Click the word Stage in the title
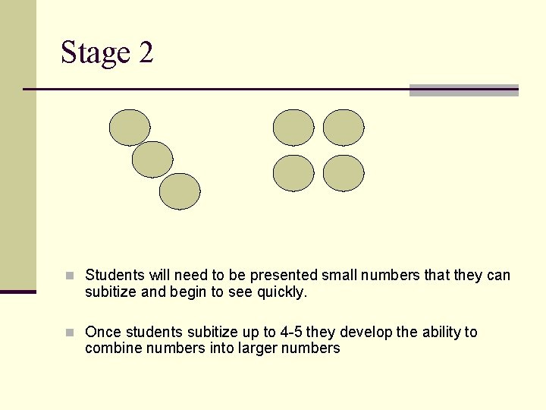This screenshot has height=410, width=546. click(x=95, y=53)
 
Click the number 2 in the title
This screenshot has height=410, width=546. click(x=146, y=53)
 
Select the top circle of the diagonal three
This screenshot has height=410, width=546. click(x=130, y=128)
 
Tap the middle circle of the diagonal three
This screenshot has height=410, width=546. click(x=152, y=159)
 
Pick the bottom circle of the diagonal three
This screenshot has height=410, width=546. click(x=180, y=191)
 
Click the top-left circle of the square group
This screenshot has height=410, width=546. click(x=293, y=128)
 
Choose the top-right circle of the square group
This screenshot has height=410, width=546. click(x=344, y=128)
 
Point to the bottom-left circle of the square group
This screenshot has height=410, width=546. click(x=293, y=173)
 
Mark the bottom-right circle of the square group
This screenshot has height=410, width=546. click(x=344, y=173)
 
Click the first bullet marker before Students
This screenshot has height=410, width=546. click(x=70, y=276)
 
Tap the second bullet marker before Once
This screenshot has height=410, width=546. click(x=70, y=333)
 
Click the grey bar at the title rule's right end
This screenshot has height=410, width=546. click(x=463, y=90)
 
